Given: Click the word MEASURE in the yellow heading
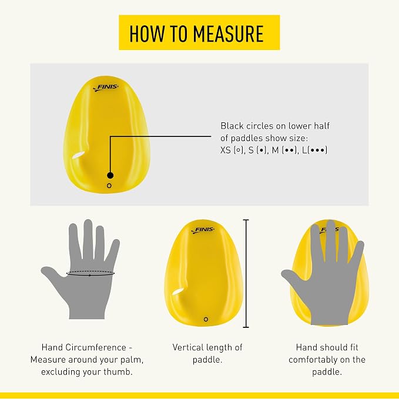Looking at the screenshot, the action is point(228,33).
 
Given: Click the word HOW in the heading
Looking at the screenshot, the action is point(146,33).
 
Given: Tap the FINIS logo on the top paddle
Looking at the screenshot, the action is point(106,88).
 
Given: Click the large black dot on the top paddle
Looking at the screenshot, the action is point(110,175).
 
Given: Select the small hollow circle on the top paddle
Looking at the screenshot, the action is point(109,186).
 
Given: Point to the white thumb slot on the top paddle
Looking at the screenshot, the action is point(78,155).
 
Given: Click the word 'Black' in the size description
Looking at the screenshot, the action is point(232,126).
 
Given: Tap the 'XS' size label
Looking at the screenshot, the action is point(226,150).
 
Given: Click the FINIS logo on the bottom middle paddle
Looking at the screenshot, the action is point(203,230).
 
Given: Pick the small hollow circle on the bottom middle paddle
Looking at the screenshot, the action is point(206,319).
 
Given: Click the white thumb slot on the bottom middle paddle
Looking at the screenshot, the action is point(179,291).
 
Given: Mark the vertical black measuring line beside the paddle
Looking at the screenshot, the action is point(246,273).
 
